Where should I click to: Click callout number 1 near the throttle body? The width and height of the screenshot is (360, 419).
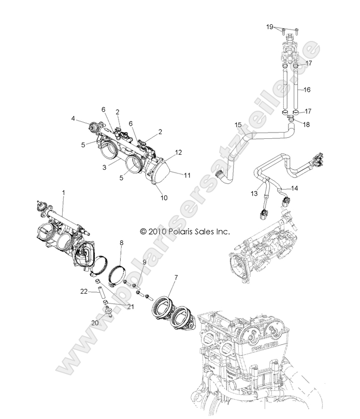[63, 193]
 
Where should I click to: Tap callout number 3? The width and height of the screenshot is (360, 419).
[105, 167]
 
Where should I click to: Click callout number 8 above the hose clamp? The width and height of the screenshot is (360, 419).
[121, 242]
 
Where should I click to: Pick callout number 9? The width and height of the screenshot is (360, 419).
[145, 262]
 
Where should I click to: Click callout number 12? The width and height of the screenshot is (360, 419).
[179, 152]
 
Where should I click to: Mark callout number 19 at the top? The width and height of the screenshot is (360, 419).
[269, 26]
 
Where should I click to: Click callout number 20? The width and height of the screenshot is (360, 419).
[95, 322]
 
